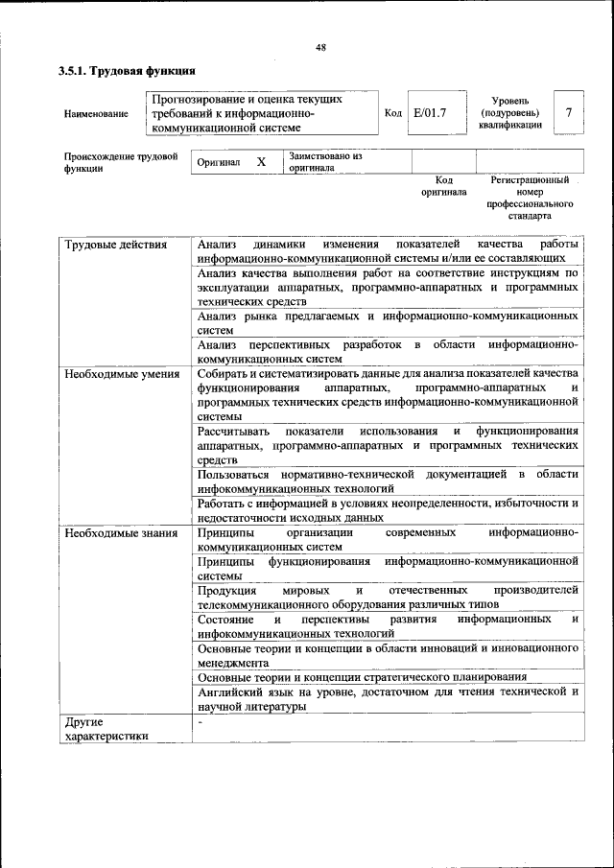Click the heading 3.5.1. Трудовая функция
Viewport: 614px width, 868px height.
point(127,71)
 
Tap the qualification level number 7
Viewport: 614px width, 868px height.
point(569,113)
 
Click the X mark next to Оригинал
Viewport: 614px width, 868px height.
point(261,162)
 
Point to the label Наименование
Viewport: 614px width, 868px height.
point(96,114)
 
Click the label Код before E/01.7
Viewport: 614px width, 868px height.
point(392,113)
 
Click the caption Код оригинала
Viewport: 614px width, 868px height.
point(443,186)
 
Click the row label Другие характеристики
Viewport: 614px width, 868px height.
point(106,729)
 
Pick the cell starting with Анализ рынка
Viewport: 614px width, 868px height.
point(387,322)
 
